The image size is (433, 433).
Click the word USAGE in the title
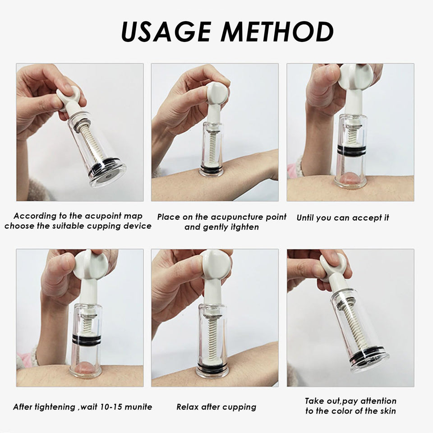(166, 31)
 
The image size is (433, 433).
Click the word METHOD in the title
(277, 31)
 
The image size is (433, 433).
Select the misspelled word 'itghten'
(244, 227)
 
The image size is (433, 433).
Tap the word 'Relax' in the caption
(188, 407)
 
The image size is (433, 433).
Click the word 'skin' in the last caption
(388, 411)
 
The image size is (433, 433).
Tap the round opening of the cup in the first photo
(109, 176)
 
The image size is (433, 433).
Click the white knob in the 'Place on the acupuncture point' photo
(217, 93)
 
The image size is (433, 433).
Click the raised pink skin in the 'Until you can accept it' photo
(350, 178)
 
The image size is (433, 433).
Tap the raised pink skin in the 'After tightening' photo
(85, 369)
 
